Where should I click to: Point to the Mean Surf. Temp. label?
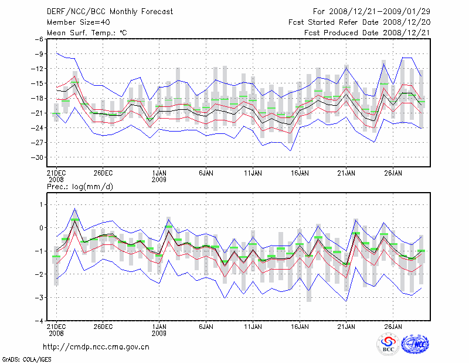click(86, 33)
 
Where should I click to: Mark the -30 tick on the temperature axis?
click(36, 157)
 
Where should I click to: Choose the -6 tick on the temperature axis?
click(39, 39)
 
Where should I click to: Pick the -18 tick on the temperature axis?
click(36, 98)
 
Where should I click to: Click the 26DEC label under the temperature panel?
click(103, 173)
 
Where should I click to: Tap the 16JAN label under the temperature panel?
click(300, 173)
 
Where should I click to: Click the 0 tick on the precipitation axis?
click(40, 228)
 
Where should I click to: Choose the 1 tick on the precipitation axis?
click(40, 204)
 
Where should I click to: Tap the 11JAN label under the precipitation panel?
click(253, 325)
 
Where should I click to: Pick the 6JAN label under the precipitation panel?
click(206, 325)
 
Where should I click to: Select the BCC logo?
click(388, 344)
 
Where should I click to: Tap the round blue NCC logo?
click(414, 344)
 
